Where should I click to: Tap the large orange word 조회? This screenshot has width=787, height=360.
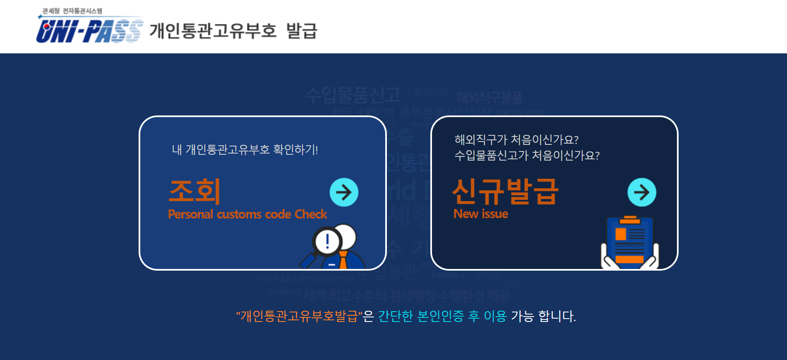point(194,191)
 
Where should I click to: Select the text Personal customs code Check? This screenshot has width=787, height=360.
point(247,214)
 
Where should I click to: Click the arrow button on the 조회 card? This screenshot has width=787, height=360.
point(344,192)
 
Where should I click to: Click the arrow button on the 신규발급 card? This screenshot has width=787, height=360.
point(642,192)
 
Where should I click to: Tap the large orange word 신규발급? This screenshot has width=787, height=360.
point(505,192)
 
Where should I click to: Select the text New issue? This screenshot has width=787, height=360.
point(481,214)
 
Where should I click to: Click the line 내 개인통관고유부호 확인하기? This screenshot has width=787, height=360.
point(245,149)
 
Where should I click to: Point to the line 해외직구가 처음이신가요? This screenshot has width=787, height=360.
point(516,140)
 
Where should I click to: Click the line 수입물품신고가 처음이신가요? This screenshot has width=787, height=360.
point(527,156)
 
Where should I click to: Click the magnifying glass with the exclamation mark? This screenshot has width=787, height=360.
point(327,241)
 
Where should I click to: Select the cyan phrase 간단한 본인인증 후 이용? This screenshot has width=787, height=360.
point(442,317)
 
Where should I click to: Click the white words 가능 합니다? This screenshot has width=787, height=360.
point(543,317)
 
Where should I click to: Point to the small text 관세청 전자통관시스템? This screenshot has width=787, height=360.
point(72,11)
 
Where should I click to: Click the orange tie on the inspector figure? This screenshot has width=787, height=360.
point(343,260)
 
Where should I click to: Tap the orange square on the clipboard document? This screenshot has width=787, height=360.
point(621,234)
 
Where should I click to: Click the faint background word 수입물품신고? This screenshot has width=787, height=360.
point(353,95)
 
